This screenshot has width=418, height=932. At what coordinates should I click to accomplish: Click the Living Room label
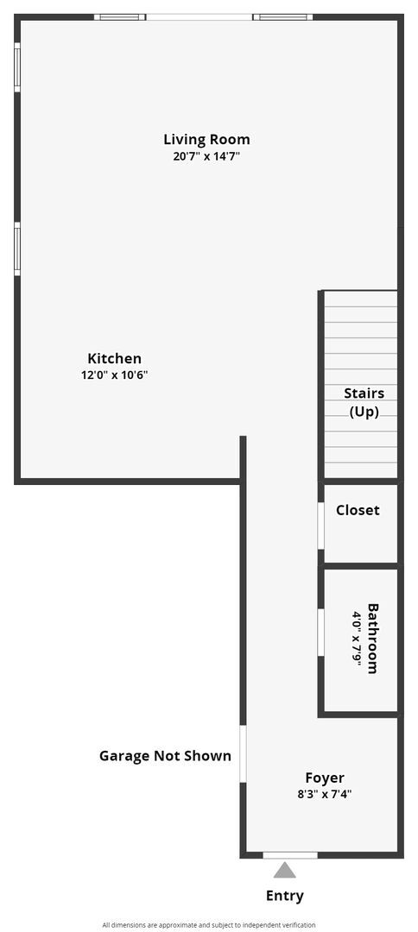tap(206, 139)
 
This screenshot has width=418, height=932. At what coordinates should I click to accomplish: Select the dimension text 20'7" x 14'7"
tap(206, 157)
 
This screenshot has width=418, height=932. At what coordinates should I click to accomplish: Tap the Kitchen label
tap(114, 358)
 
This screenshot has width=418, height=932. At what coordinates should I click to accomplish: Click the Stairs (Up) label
tap(364, 402)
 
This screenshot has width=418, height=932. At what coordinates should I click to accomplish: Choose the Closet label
tap(358, 510)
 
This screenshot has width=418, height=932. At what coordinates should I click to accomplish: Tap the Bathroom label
tap(373, 638)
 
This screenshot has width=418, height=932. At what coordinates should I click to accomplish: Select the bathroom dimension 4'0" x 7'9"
tap(356, 638)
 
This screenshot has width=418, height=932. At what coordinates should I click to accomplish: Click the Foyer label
tap(325, 778)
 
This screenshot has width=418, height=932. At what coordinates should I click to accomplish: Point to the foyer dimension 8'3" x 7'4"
tap(325, 795)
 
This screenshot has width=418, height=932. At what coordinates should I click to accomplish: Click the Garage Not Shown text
tap(165, 756)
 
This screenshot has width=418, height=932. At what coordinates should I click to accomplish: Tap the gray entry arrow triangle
tap(285, 870)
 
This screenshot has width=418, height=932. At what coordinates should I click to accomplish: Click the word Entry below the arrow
tap(285, 896)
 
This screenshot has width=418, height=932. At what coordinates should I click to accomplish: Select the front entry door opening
tap(289, 855)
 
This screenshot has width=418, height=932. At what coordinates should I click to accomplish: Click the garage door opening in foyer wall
tap(244, 753)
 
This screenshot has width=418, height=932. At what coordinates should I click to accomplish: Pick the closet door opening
tap(320, 526)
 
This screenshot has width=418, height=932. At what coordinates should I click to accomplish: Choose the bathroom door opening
tap(320, 633)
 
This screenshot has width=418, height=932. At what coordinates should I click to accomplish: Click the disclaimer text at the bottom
tap(209, 924)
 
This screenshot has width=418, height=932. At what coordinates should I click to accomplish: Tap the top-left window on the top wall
tap(120, 16)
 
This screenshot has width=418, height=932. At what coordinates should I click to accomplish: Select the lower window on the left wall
tap(17, 249)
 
